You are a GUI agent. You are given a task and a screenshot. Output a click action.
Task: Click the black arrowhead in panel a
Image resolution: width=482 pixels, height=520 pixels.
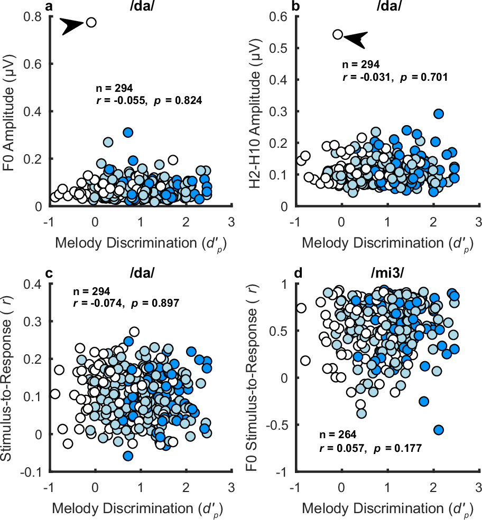(x=72, y=26)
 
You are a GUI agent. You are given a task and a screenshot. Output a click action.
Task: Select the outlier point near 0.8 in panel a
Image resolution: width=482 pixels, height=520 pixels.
(x=91, y=22)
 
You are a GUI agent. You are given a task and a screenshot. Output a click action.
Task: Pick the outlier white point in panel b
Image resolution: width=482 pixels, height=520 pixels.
(x=338, y=35)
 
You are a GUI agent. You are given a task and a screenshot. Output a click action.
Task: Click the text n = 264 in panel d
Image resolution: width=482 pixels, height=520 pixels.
(x=338, y=435)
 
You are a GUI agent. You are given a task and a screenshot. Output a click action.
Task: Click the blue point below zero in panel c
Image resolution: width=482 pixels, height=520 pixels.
(x=127, y=456)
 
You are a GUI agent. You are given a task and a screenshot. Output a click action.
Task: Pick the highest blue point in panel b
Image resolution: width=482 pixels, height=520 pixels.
(x=438, y=114)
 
